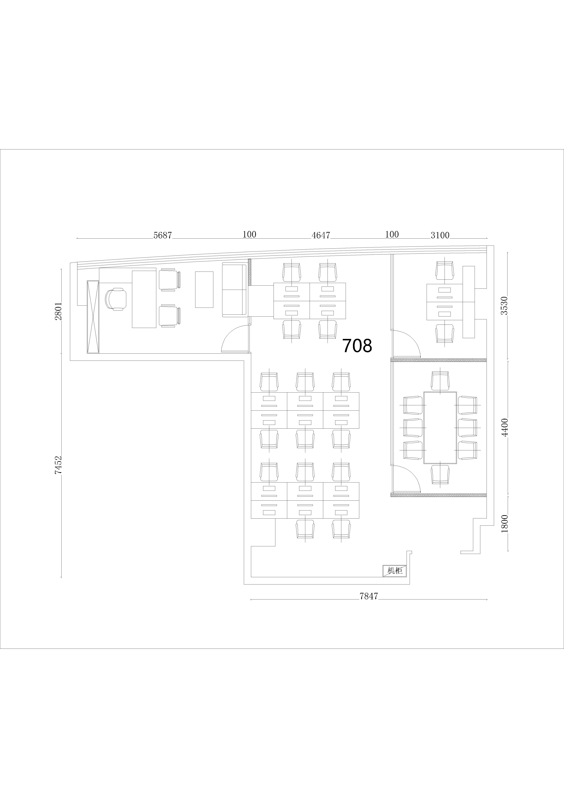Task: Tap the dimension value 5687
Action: [x=163, y=235]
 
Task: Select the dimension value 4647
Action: [x=321, y=235]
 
